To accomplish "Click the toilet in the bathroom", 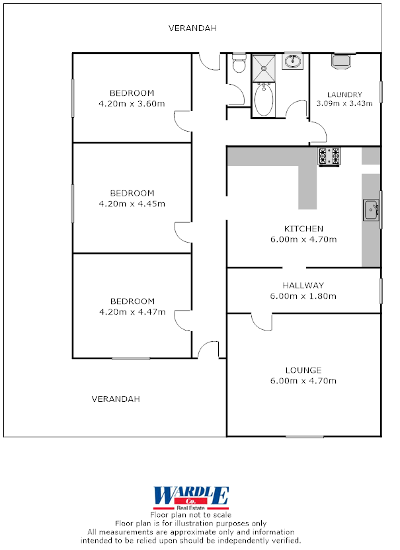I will pos(239,64).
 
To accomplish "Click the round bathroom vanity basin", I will pos(292,62).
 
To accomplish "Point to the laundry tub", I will pos(341,61).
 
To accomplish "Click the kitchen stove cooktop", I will pos(329,156).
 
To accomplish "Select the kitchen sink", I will pos(371,210).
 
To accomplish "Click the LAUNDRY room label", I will pos(344,95).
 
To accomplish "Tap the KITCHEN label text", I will pos(303,229).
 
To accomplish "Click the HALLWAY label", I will pos(303,286).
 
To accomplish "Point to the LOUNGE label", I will pos(303,370).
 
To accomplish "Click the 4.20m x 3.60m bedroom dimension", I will pos(132,103).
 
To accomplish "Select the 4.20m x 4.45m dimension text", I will pos(132,204).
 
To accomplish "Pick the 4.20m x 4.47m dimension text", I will pos(132,311).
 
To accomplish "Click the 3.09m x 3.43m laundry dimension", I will pos(344,103).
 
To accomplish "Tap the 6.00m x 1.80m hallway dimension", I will pos(303,296).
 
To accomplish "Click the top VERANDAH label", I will pos(192,28).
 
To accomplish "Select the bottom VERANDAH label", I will pos(116,399).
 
